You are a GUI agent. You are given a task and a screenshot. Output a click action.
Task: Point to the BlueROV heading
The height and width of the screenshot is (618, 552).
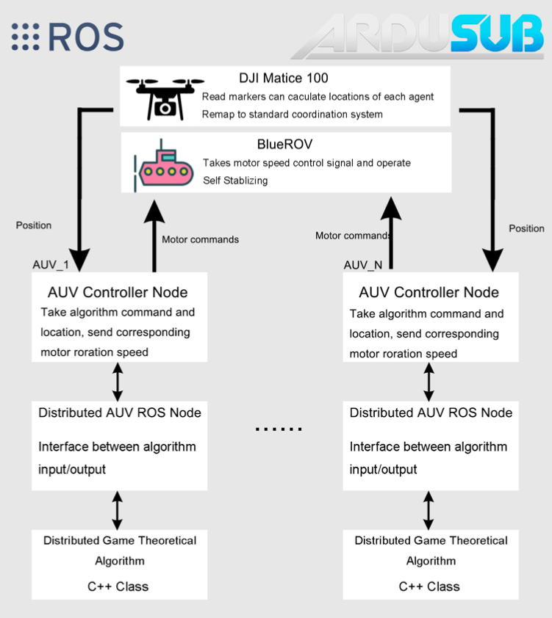point(284,145)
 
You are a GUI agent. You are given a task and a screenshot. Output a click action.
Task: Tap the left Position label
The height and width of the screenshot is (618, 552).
point(34,225)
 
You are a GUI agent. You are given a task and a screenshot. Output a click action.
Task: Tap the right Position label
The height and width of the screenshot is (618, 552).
point(526,228)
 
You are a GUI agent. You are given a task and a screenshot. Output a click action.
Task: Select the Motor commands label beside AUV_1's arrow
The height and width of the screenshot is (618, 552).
point(200,239)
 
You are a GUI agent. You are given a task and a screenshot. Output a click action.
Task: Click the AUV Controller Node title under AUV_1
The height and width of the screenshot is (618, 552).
point(118,292)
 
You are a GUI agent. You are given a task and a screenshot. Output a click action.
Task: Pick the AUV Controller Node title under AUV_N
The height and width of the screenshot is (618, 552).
point(429,292)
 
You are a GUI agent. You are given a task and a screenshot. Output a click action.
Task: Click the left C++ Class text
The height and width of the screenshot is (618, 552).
point(118,586)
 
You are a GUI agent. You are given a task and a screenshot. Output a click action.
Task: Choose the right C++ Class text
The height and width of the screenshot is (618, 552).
point(429,586)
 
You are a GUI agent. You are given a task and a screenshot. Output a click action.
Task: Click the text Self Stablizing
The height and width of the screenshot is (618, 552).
point(235,180)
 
